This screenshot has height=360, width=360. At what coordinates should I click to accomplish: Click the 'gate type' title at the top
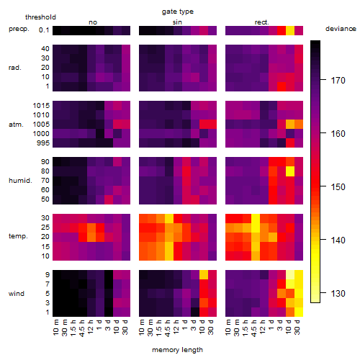pos(178,12)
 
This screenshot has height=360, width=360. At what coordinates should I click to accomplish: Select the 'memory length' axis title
pos(177,350)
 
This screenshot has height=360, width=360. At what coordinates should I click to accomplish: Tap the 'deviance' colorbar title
pos(341,29)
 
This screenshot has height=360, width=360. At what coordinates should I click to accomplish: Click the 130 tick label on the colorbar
pos(338,293)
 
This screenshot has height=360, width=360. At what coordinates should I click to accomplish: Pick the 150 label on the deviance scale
pos(338,186)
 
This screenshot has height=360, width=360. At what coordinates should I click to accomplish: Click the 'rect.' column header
pos(261,22)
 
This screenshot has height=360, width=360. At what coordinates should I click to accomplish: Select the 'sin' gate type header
pos(177,22)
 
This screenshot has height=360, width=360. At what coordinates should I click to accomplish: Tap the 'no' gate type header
pos(93,22)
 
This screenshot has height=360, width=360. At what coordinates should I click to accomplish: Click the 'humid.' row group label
pos(20,181)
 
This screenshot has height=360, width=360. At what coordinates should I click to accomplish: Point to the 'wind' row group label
pos(17,294)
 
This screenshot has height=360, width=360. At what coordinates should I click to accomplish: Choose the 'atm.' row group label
pos(16,125)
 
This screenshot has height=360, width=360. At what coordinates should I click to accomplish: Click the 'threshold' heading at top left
pos(40,17)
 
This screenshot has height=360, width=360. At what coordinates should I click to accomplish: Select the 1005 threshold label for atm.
pos(41,125)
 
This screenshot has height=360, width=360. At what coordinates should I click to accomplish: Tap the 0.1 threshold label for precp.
pos(44,30)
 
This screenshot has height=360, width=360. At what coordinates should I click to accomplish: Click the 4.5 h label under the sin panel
pos(168,328)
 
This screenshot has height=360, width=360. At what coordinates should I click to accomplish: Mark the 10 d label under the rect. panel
pos(289,327)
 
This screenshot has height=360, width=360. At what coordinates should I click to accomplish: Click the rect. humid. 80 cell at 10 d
pos(290,171)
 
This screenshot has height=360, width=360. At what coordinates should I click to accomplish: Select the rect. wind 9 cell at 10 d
pos(290,275)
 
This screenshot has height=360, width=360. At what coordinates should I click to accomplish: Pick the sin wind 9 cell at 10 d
pos(204,275)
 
